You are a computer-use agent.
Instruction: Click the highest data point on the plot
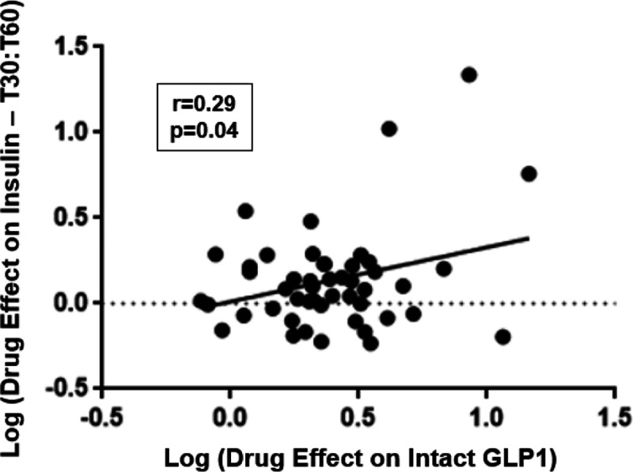(x=468, y=75)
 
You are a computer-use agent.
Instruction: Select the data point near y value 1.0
(x=389, y=129)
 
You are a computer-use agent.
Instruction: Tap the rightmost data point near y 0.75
(x=529, y=174)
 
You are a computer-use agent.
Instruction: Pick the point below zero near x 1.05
(x=502, y=337)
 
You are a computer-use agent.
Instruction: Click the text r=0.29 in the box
(x=203, y=104)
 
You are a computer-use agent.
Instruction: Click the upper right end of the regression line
(x=528, y=236)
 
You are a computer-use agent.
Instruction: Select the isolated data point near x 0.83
(x=443, y=269)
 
